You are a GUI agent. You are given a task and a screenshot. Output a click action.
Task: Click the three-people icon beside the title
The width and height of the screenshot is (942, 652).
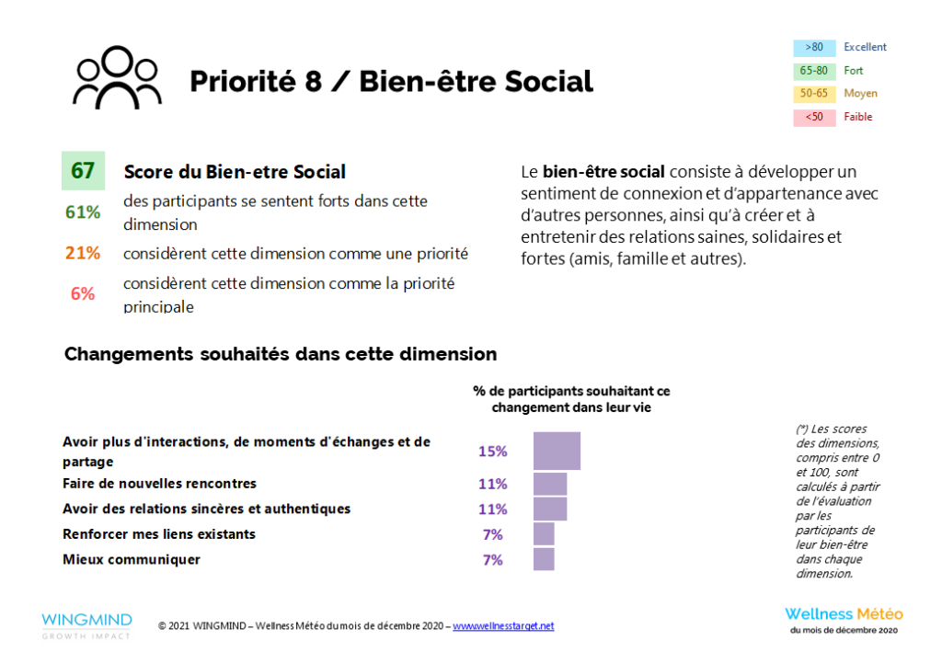[117, 78]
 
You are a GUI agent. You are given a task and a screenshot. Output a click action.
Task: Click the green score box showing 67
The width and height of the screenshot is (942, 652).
[83, 171]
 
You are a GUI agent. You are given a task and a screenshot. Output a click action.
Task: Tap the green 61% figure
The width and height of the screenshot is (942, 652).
[83, 212]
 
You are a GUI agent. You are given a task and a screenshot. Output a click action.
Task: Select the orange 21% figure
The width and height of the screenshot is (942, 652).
[83, 253]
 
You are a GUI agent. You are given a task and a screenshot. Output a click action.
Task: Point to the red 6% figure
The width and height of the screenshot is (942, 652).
[83, 293]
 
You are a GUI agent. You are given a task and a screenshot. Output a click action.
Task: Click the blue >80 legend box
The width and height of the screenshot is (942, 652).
[814, 47]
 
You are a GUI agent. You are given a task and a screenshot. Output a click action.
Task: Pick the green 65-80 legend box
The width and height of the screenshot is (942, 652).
[814, 70]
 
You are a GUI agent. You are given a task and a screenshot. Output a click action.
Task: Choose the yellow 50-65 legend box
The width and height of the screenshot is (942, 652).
[814, 93]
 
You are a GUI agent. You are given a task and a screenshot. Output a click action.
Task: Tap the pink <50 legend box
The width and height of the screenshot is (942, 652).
[814, 117]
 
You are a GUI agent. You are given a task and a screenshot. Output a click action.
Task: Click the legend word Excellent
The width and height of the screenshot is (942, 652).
[865, 47]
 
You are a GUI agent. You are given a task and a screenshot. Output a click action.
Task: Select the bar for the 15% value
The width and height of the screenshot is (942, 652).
[557, 451]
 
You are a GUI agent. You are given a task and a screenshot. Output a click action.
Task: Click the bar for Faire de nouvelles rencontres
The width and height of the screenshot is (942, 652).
[550, 484]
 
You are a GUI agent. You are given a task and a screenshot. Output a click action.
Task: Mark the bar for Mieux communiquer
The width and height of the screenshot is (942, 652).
[544, 559]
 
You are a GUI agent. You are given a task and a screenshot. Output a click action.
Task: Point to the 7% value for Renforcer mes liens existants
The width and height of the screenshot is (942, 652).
[493, 534]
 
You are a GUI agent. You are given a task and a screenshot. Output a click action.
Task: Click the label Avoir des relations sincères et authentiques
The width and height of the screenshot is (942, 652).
[206, 509]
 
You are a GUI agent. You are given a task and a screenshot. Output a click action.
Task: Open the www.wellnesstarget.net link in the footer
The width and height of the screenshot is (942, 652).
[503, 626]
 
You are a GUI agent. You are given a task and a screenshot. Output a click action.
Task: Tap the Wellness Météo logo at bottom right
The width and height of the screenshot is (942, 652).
[844, 618]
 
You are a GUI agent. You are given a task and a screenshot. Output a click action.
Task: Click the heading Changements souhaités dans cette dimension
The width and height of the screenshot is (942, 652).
[281, 354]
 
